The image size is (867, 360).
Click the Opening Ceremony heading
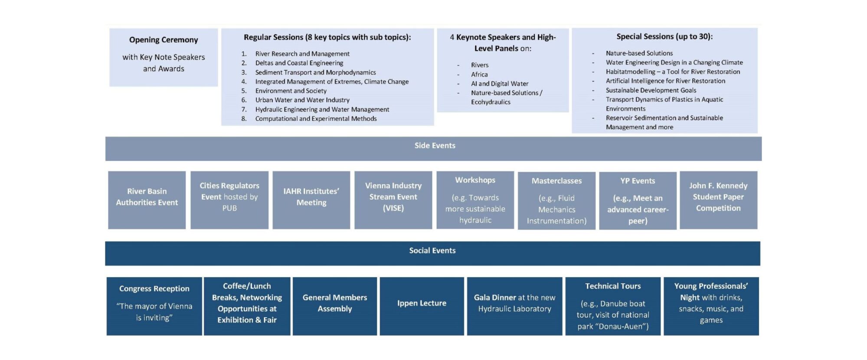(164, 40)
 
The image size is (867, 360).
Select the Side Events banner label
(435, 146)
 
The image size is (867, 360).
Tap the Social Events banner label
(432, 251)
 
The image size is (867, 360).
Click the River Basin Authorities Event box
(147, 200)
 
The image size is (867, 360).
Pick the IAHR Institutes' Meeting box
(311, 200)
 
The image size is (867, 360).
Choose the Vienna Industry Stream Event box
(393, 200)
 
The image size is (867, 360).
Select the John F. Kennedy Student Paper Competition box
(718, 200)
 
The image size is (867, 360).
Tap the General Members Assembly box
(334, 306)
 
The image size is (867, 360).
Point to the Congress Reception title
(154, 289)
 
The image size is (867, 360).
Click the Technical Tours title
(612, 286)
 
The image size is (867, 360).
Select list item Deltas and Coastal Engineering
(299, 63)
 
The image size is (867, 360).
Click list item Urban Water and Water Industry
(302, 100)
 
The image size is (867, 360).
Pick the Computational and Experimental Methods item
(316, 119)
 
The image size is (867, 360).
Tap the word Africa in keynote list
(479, 75)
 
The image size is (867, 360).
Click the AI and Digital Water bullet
(500, 84)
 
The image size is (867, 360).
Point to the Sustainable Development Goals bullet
(651, 90)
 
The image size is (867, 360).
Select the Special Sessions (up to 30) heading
(664, 37)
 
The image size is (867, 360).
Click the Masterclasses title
(556, 181)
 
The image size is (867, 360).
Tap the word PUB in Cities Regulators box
(229, 208)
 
